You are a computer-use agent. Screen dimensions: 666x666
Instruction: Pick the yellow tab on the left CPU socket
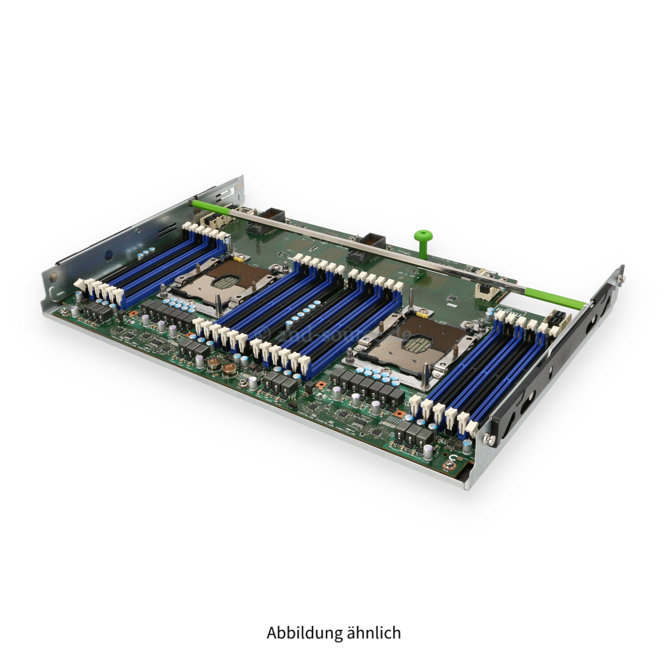click(240, 257)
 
